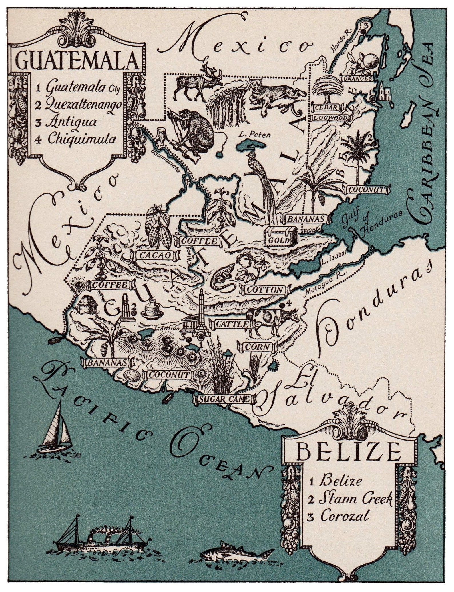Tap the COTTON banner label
pyautogui.click(x=264, y=290)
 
